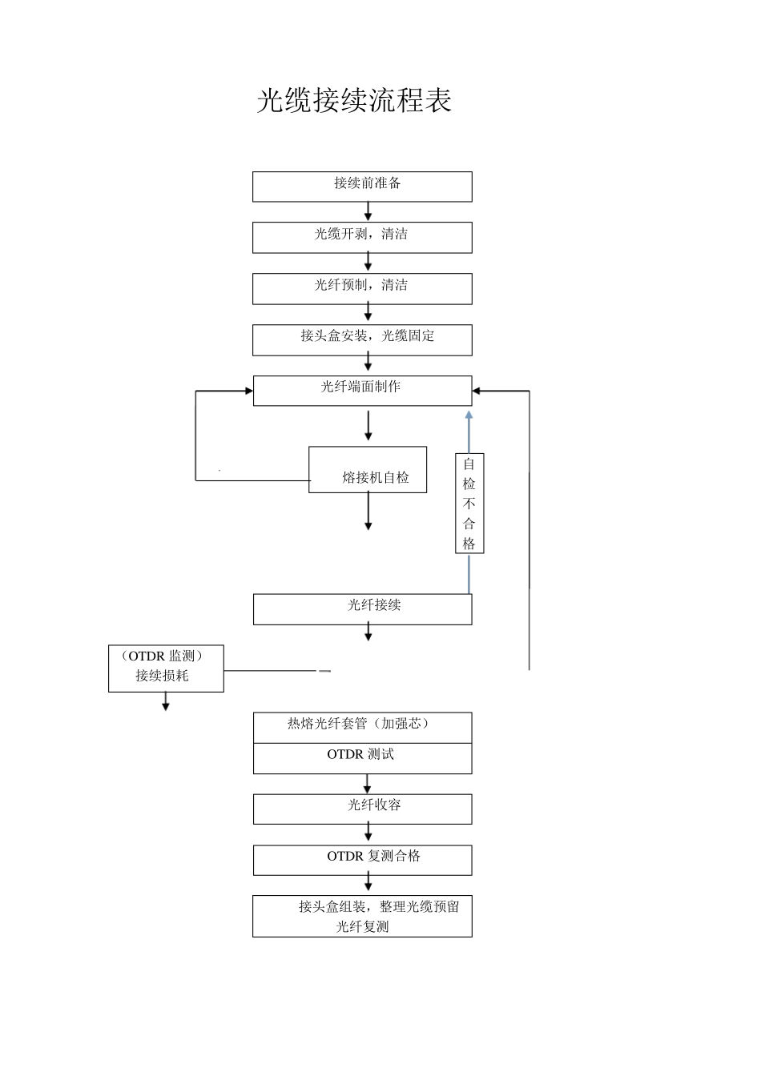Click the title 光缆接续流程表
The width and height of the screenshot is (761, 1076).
[354, 101]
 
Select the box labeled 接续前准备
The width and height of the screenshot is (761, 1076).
[362, 187]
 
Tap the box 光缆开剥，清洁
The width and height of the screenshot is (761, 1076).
[362, 238]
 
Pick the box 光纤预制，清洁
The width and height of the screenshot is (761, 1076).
[362, 289]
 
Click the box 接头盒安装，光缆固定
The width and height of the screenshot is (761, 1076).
[362, 340]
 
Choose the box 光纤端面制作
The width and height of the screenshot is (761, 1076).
[362, 391]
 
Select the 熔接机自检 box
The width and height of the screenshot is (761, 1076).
[368, 470]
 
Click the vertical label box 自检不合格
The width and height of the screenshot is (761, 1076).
[469, 504]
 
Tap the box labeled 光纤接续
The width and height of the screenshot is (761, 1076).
[362, 609]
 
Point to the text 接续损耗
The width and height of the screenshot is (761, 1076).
[163, 676]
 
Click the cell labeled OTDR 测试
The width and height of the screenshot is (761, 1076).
[362, 758]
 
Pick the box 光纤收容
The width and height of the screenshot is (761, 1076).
[362, 809]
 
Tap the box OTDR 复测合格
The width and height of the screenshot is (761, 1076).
[362, 861]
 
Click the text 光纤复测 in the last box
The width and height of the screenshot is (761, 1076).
[362, 927]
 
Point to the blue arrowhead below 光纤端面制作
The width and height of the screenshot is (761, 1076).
[469, 415]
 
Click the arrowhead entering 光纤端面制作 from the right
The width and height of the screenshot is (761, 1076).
[477, 391]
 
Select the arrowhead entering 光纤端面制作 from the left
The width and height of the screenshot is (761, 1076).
[248, 391]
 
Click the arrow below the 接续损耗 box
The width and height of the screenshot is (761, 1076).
[166, 705]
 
